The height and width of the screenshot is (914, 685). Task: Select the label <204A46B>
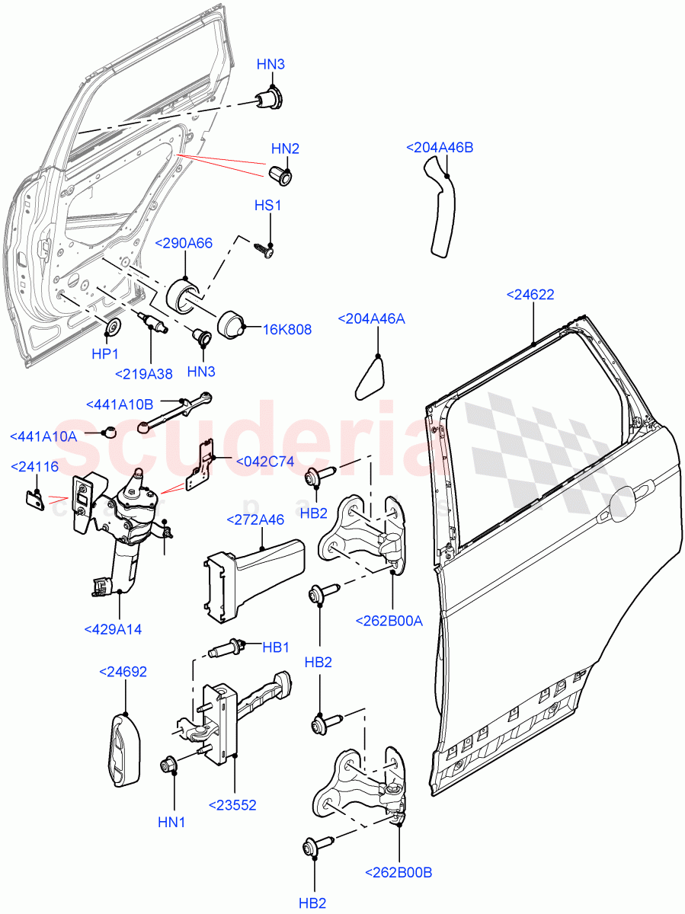(x=440, y=147)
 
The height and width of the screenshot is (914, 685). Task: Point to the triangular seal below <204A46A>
(x=370, y=379)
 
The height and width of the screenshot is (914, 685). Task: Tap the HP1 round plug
(x=112, y=328)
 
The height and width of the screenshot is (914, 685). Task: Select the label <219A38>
(x=144, y=373)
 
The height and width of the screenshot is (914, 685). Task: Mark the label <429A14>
(x=114, y=629)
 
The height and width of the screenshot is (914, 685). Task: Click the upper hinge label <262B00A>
(x=389, y=620)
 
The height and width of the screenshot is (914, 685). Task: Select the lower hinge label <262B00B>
(x=399, y=872)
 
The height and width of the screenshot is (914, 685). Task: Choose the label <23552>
(x=232, y=804)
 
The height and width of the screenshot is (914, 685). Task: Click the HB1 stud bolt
(x=222, y=650)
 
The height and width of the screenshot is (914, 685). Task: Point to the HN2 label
(x=285, y=149)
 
